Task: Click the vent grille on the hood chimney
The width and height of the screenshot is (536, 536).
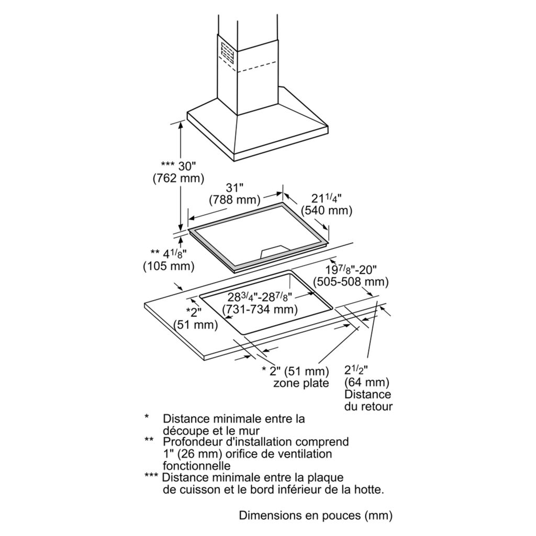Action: click(x=228, y=52)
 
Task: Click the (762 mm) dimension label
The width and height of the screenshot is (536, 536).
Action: click(x=177, y=178)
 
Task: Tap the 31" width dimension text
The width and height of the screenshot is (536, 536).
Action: click(x=234, y=187)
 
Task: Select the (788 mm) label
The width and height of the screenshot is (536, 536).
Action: click(x=234, y=199)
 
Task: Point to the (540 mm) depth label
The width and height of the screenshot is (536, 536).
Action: click(x=327, y=210)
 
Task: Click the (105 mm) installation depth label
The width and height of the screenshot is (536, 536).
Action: click(x=169, y=266)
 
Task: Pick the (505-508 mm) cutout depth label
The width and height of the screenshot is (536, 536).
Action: click(x=351, y=282)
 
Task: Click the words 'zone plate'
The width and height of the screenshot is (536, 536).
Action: click(x=301, y=383)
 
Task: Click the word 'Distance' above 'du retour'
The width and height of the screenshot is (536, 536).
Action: click(x=367, y=394)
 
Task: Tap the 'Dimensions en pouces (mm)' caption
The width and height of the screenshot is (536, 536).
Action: click(x=315, y=516)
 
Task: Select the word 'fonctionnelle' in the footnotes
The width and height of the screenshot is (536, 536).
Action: click(x=196, y=465)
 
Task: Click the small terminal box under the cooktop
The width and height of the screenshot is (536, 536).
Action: click(x=273, y=251)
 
